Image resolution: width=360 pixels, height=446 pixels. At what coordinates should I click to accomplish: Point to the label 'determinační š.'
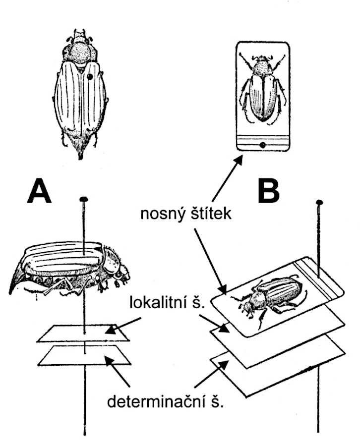166,401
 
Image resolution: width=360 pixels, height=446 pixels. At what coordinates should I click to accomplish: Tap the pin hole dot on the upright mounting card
262,145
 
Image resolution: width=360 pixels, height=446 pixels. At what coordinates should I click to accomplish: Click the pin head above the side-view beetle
84,200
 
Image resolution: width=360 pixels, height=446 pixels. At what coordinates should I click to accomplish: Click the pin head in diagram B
319,202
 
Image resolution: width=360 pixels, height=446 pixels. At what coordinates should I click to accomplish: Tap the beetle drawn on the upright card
262,89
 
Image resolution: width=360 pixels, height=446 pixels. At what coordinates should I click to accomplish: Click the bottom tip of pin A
85,434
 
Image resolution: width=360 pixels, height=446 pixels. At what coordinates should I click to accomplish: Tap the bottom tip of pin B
318,431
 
